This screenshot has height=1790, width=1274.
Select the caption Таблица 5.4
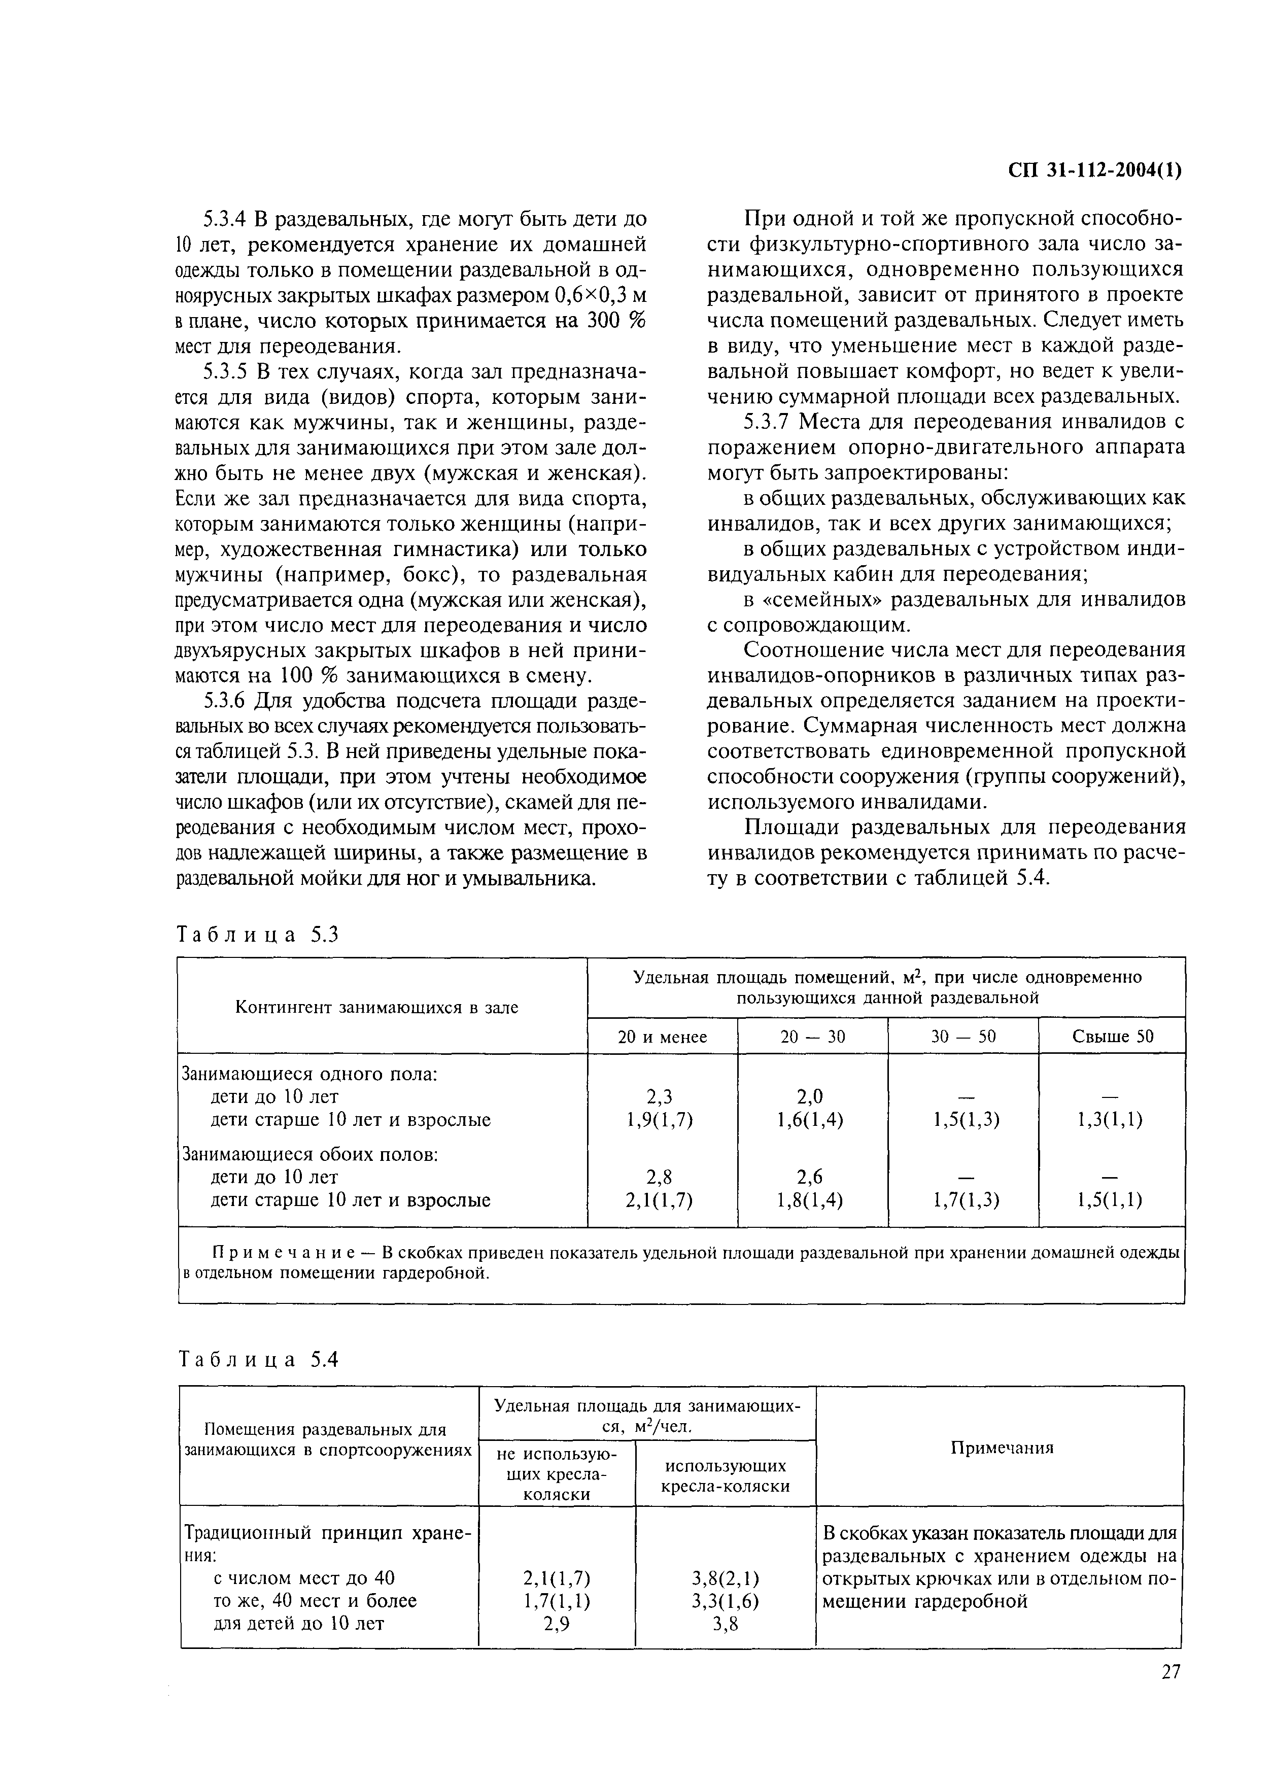click(x=258, y=1359)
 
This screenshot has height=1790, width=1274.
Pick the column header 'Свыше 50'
click(x=1112, y=1037)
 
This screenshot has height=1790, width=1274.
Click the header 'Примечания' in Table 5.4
click(x=1002, y=1448)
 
